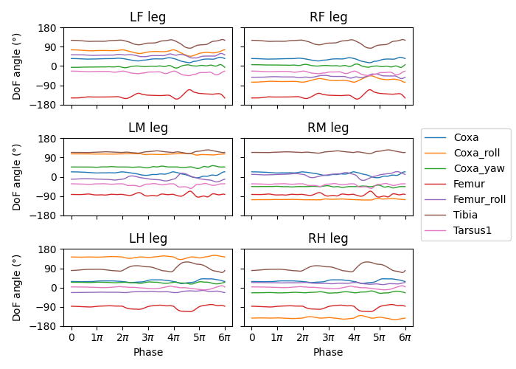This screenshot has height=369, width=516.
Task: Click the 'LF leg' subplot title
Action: point(147,17)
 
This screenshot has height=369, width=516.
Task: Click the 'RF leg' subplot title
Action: point(328,17)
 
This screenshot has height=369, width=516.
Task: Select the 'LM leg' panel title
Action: point(147,128)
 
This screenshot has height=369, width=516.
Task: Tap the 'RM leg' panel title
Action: point(328,128)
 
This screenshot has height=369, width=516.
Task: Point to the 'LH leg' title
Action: point(147,238)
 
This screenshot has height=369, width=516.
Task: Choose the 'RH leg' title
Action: point(328,238)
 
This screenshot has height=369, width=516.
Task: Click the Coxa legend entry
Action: point(466,137)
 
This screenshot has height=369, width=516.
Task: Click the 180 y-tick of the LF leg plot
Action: point(52,28)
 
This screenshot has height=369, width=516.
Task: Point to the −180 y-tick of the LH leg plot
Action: point(49,326)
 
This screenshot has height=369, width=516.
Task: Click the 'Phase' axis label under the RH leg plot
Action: point(328,353)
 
